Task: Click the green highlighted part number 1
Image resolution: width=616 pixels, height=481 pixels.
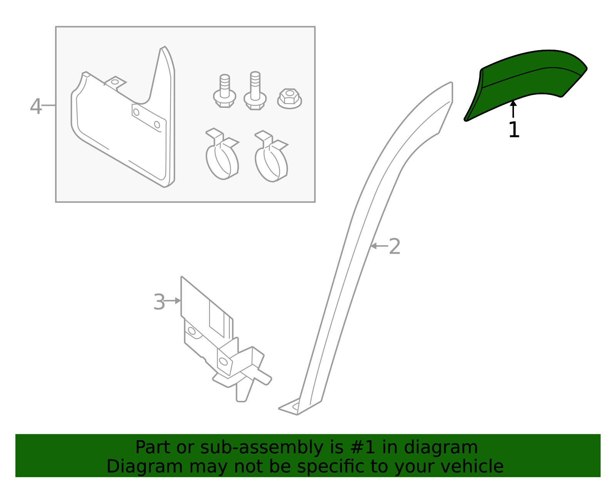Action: pos(527,83)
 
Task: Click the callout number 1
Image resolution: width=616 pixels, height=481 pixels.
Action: pos(514,130)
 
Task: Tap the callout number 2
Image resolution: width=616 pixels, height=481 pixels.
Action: pos(395,246)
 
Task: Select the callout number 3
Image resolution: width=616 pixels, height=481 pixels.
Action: pos(159,302)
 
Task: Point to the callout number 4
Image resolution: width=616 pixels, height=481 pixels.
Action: pos(35,106)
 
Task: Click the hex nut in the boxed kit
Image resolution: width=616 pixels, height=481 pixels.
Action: pos(290,98)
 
